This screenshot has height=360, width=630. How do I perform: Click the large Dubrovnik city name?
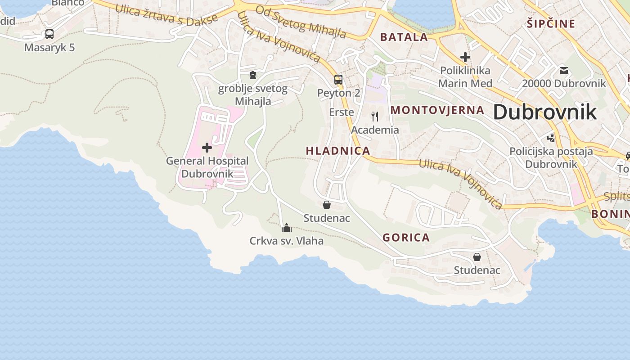point(545,112)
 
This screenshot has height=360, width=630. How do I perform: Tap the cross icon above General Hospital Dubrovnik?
point(207,147)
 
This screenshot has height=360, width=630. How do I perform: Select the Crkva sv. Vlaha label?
point(287,241)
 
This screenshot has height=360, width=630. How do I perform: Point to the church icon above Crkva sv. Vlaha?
point(287,227)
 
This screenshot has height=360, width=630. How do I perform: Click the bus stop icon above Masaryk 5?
point(49,34)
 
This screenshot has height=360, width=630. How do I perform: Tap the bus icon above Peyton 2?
point(338,80)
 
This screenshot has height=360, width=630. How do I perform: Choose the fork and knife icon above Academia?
point(375,117)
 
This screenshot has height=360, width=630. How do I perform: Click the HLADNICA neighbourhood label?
point(338,151)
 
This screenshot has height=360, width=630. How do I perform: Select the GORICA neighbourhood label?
point(406,238)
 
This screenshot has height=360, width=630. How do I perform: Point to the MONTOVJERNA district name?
point(437,110)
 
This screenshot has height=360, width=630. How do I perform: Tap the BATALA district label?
point(404,37)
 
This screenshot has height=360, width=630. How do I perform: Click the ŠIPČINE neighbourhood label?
point(551,23)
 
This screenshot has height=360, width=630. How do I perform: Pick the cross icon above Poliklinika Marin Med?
point(465,57)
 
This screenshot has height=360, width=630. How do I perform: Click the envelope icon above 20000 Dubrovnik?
point(564,70)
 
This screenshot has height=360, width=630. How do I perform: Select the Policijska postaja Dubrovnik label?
point(551,157)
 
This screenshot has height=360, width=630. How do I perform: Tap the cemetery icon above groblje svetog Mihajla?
point(253,75)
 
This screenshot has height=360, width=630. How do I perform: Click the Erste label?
point(342,112)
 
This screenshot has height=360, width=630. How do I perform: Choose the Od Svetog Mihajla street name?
point(301,21)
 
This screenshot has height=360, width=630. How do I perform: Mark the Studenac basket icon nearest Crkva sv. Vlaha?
point(327,205)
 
